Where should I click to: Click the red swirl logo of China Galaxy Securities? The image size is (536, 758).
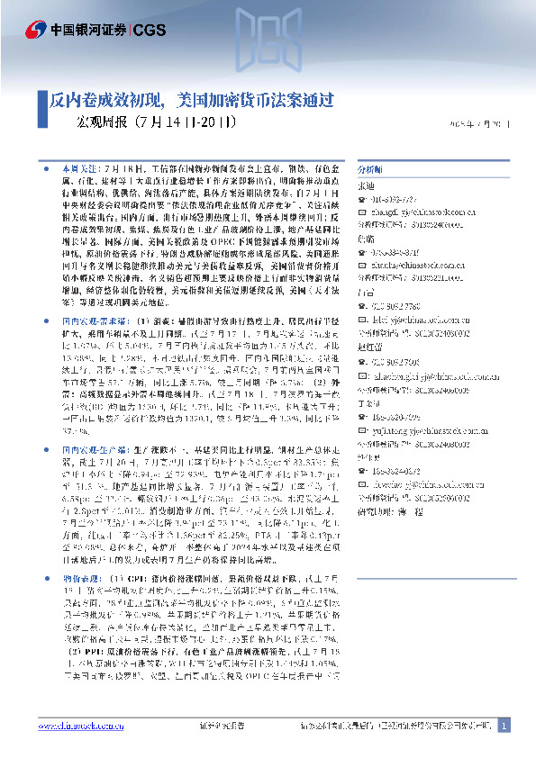click(33, 27)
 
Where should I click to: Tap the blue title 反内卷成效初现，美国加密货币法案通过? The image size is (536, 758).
click(193, 99)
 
